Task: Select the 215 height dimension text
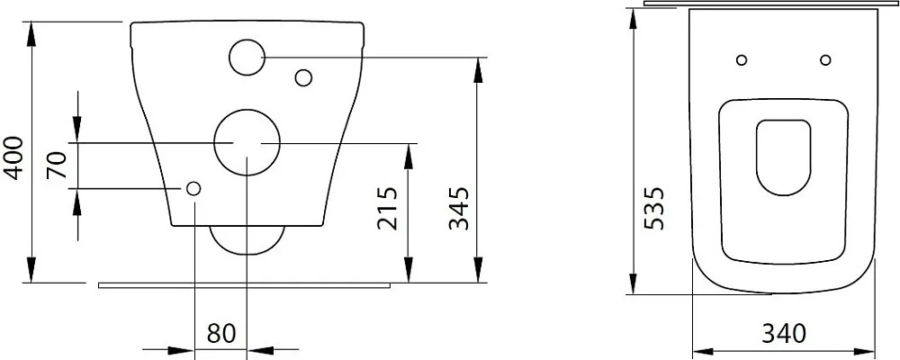387,208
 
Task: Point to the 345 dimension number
459,208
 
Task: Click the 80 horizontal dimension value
221,334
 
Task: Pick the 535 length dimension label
654,208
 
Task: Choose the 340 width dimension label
784,333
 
